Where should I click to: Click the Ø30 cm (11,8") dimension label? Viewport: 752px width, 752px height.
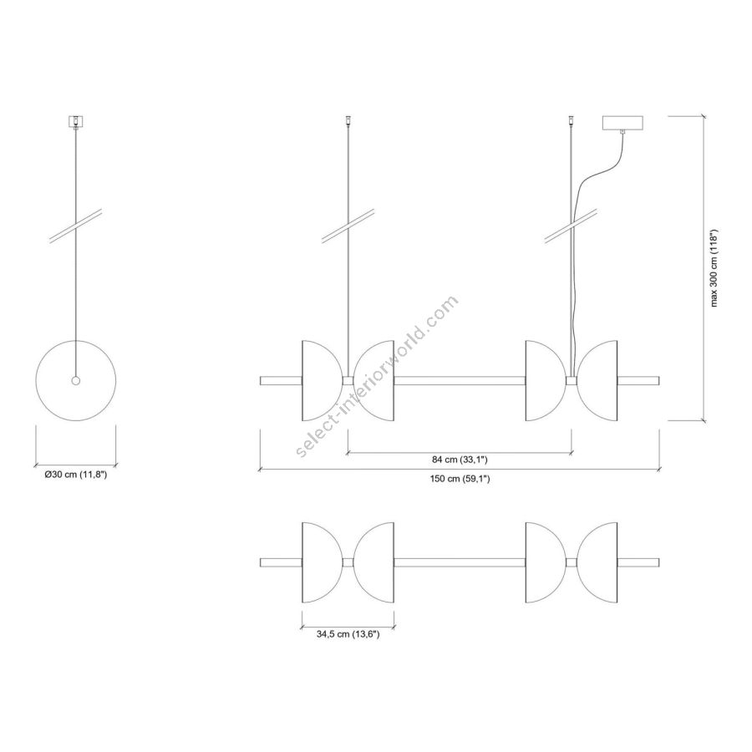(76, 475)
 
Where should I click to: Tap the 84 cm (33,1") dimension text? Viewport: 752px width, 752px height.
(460, 460)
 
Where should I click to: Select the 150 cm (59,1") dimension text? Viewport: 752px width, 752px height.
(460, 479)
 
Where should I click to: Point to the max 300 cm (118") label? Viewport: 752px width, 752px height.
(714, 267)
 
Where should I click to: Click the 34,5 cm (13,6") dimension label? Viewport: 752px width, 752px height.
(348, 634)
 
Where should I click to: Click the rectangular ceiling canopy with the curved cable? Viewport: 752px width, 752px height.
(622, 123)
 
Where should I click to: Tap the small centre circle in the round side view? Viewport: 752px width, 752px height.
(76, 381)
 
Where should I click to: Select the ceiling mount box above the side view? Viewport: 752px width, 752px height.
(76, 120)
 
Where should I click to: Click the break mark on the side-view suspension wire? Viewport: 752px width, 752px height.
(76, 227)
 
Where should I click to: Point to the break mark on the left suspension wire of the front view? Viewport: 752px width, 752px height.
(348, 227)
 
